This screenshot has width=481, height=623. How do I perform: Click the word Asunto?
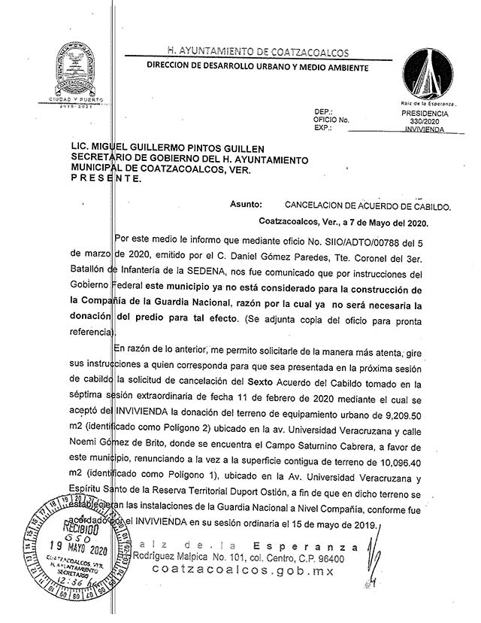point(247,204)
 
